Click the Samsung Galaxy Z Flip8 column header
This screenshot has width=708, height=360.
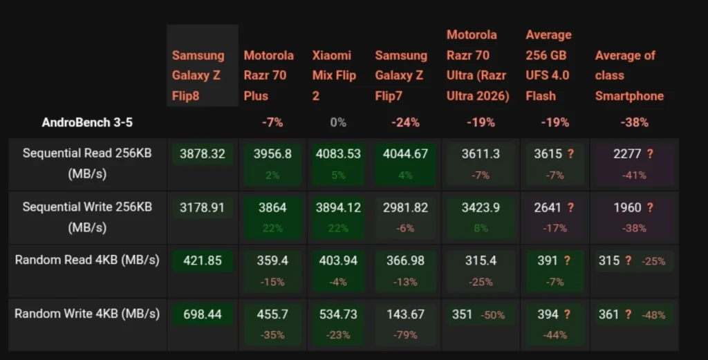pos(198,75)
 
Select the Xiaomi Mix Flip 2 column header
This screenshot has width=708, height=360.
pos(334,75)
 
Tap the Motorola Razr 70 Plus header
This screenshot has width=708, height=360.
pos(269,75)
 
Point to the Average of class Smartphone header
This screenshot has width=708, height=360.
pos(629,75)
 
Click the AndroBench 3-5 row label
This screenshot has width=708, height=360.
pos(87,122)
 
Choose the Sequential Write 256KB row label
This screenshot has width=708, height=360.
pos(87,217)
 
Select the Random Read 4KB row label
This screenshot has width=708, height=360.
pos(87,260)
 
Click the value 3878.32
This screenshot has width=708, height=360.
pos(203,154)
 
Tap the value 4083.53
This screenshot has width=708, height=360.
pos(338,154)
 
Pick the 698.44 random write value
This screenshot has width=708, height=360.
pos(203,314)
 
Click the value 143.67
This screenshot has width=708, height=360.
pos(405,314)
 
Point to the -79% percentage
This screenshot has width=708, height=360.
pos(405,335)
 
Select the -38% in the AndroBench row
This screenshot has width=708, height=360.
pos(635,122)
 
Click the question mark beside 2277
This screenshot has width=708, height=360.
pos(650,154)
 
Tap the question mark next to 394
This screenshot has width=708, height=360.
pos(567,314)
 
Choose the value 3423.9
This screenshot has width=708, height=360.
pos(481,207)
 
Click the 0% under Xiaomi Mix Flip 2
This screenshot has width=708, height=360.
pos(338,122)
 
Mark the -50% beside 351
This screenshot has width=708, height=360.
pos(492,315)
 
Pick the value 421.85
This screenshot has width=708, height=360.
pos(203,260)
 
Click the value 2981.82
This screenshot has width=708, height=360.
pos(405,207)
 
